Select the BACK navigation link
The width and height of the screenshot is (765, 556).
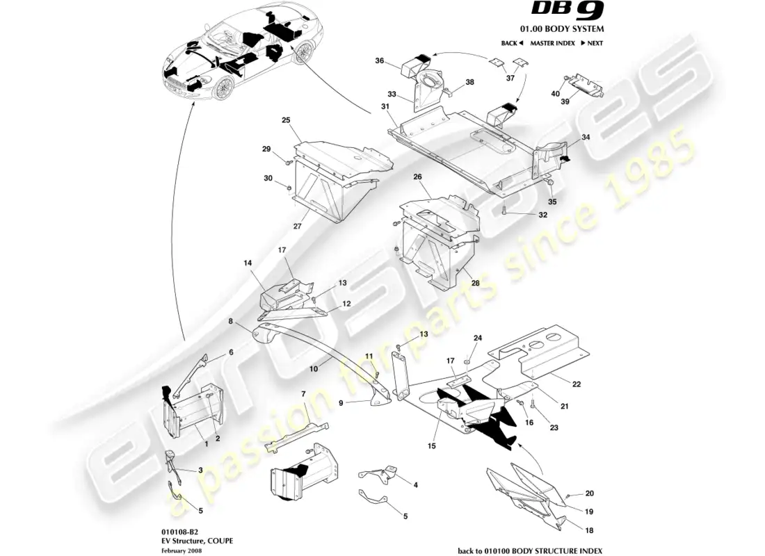(x=511, y=43)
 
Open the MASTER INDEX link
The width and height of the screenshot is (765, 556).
(x=552, y=43)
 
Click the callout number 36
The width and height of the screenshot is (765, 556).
(x=380, y=61)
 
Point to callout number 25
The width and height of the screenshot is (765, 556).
(x=285, y=120)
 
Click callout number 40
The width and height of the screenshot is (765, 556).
(x=555, y=93)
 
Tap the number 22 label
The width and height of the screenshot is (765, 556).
(x=577, y=384)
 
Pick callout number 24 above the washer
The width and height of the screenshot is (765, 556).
(x=478, y=338)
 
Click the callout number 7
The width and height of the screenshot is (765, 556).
(x=303, y=394)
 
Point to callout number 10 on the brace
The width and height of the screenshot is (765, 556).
(x=314, y=370)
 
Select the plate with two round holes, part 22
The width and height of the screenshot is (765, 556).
(x=542, y=347)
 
